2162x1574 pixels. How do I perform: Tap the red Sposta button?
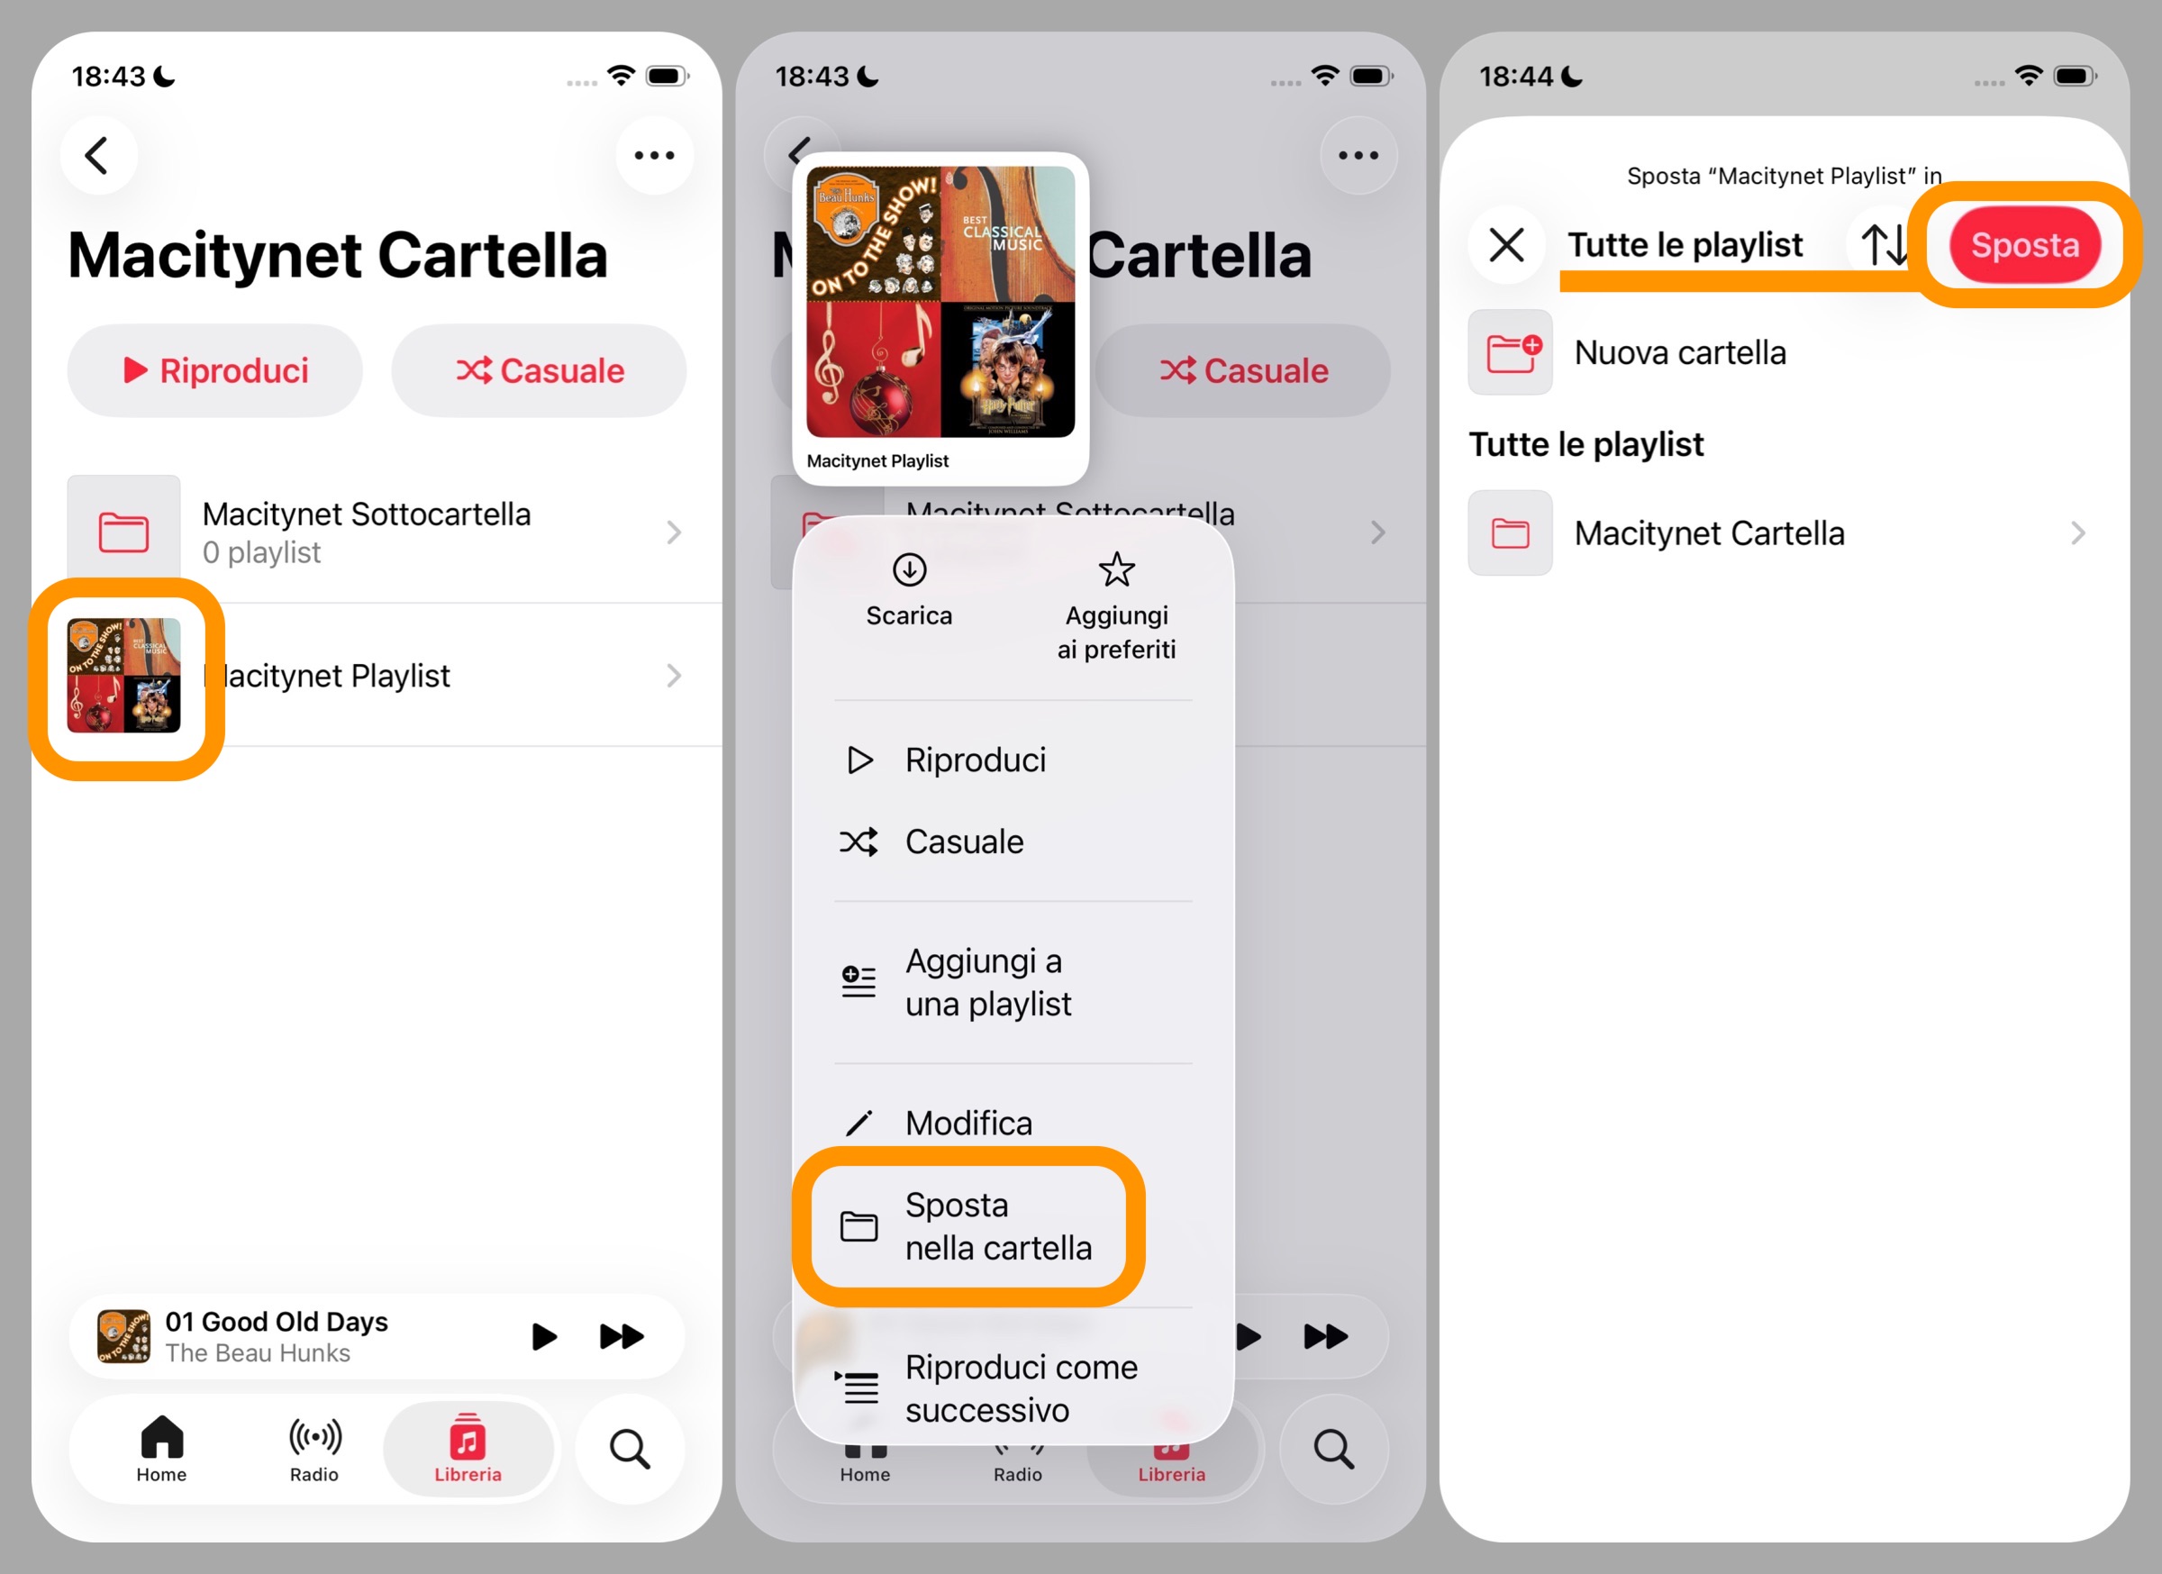click(x=2024, y=245)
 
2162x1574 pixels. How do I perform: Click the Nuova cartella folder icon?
click(x=1510, y=353)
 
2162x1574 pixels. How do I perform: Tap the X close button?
click(x=1506, y=245)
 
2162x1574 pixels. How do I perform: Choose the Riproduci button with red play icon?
click(x=215, y=371)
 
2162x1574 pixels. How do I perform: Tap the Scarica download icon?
click(x=910, y=570)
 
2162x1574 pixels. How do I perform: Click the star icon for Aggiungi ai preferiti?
click(x=1116, y=570)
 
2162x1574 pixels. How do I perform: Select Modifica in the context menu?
click(x=967, y=1123)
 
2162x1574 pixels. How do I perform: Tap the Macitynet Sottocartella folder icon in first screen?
click(x=124, y=532)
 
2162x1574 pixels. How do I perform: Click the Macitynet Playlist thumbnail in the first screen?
click(x=124, y=676)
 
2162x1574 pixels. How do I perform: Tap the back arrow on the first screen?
click(x=97, y=155)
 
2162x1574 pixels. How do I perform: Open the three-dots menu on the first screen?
click(x=654, y=155)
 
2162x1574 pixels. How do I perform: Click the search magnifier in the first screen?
click(x=630, y=1449)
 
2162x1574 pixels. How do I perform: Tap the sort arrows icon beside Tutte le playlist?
click(x=1884, y=245)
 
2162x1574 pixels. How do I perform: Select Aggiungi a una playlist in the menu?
click(x=986, y=982)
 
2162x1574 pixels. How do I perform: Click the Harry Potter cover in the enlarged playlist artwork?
click(x=1008, y=370)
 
